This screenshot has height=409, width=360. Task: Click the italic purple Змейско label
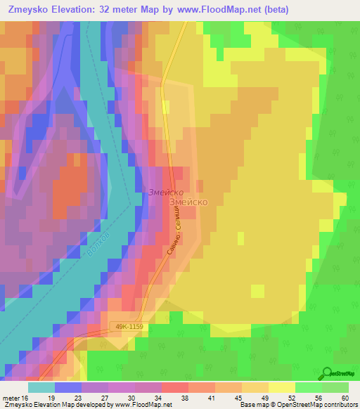click(165, 192)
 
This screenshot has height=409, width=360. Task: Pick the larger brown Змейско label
click(188, 201)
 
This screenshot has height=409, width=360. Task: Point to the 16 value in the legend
click(26, 397)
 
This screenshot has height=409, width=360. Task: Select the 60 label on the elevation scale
click(344, 397)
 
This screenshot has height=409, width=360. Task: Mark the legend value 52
click(291, 397)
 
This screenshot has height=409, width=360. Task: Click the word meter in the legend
click(11, 397)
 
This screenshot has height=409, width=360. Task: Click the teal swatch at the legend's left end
click(41, 387)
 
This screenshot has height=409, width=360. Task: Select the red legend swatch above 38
click(174, 387)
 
